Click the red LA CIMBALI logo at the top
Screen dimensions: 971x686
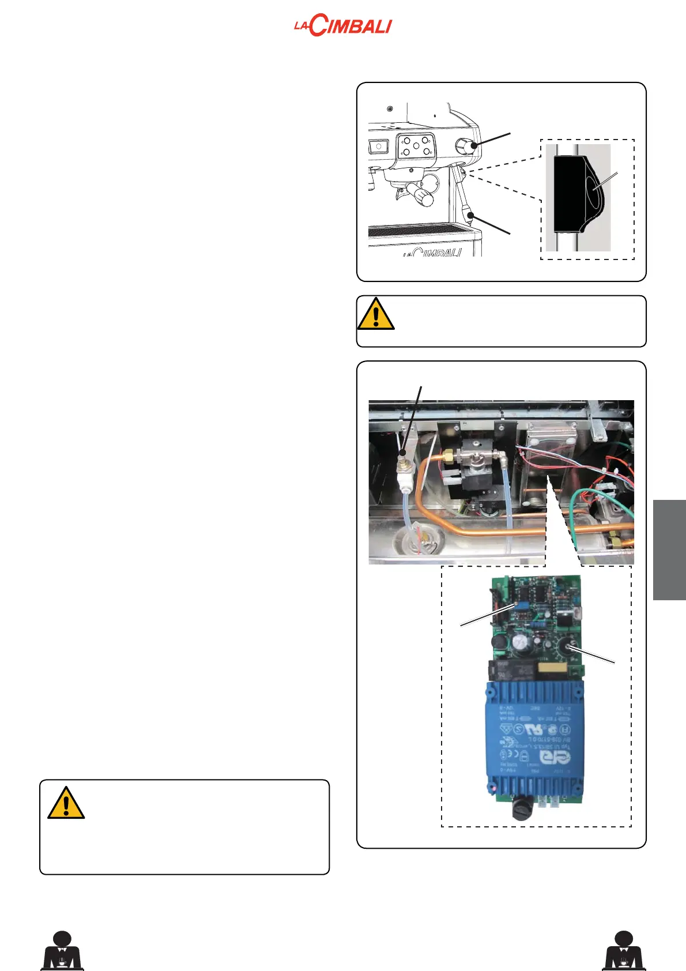pyautogui.click(x=342, y=27)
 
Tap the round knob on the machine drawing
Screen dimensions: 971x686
pyautogui.click(x=465, y=146)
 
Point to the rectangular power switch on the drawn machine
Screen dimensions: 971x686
pyautogui.click(x=378, y=146)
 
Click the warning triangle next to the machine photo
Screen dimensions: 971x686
pyautogui.click(x=375, y=314)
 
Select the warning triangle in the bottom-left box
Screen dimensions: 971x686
pyautogui.click(x=66, y=803)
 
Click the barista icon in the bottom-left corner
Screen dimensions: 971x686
pyautogui.click(x=62, y=950)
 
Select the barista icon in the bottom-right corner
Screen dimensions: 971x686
pyautogui.click(x=624, y=950)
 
